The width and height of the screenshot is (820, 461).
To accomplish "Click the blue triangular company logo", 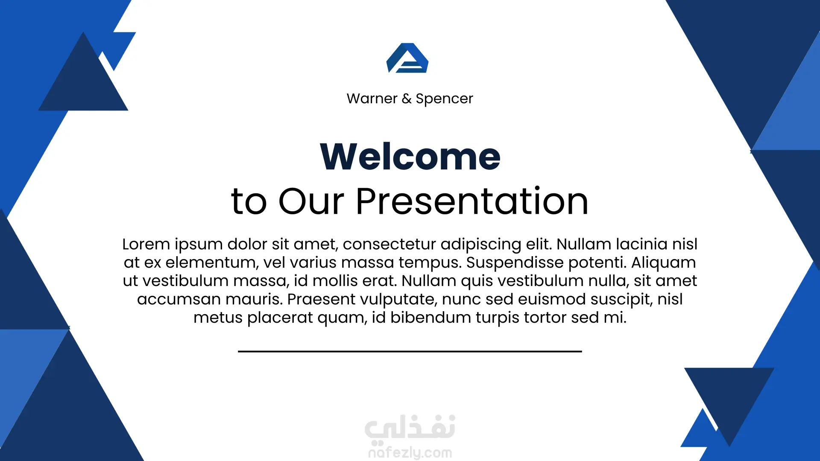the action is [407, 58].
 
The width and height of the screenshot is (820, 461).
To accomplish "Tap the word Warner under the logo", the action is [372, 99].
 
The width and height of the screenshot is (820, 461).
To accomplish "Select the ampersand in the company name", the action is [407, 99].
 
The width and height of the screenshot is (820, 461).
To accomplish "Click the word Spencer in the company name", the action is [444, 99].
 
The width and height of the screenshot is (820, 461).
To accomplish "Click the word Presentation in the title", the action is [472, 201].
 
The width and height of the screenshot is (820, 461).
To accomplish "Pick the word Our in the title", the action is [311, 201].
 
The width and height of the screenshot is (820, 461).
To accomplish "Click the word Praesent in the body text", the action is [322, 299].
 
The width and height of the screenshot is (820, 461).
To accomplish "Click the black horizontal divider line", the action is [410, 351].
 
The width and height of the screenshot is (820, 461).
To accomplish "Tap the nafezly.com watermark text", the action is [410, 452].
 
